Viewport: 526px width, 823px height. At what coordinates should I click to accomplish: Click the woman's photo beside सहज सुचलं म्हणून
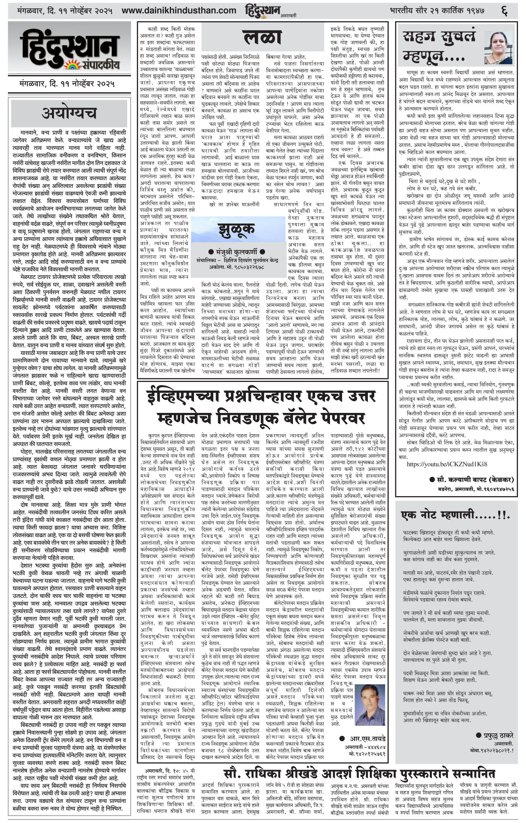tap(500, 45)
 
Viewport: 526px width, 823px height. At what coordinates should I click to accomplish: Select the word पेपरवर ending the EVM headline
tap(336, 419)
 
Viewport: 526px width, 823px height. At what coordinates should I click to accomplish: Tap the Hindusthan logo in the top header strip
tap(262, 9)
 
